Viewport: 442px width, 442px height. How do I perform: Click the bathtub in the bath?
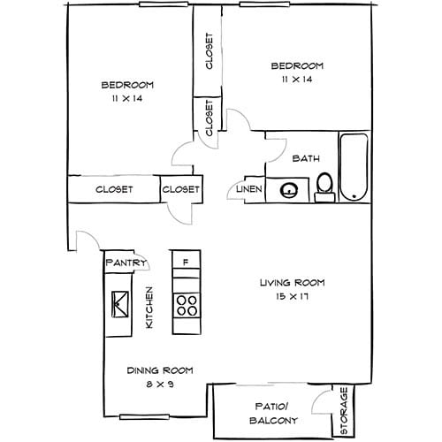pyautogui.click(x=352, y=167)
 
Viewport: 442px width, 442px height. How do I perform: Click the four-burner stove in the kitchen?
pyautogui.click(x=187, y=306)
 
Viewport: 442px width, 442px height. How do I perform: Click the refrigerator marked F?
pyautogui.click(x=186, y=263)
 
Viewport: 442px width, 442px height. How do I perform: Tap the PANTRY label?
pyautogui.click(x=125, y=263)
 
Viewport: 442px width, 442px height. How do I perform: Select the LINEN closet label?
pyautogui.click(x=248, y=189)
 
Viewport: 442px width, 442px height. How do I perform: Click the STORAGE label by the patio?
pyautogui.click(x=344, y=410)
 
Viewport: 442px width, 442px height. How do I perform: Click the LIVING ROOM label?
pyautogui.click(x=292, y=283)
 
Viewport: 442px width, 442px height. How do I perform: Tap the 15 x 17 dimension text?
pyautogui.click(x=292, y=297)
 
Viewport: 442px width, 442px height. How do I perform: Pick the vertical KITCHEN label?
pyautogui.click(x=150, y=308)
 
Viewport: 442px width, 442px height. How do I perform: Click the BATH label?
pyautogui.click(x=305, y=159)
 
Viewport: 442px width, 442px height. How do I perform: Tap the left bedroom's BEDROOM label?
pyautogui.click(x=127, y=85)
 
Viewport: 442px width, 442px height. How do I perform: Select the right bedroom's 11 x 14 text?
pyautogui.click(x=296, y=80)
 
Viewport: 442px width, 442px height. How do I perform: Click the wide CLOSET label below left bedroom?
pyautogui.click(x=114, y=189)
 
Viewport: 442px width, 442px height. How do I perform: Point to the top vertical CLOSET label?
pyautogui.click(x=209, y=52)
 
